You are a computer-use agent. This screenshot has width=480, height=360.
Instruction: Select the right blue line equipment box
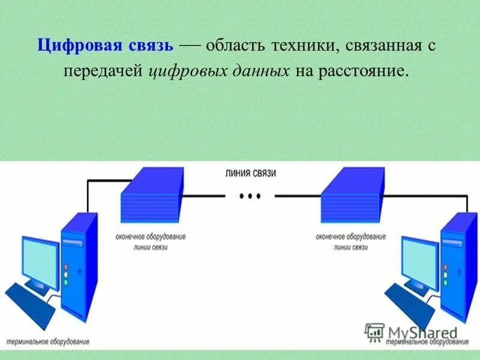pos(352,197)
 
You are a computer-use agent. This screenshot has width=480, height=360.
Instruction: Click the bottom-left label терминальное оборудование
pos(47,341)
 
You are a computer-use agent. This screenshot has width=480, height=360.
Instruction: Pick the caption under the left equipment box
pos(151,241)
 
